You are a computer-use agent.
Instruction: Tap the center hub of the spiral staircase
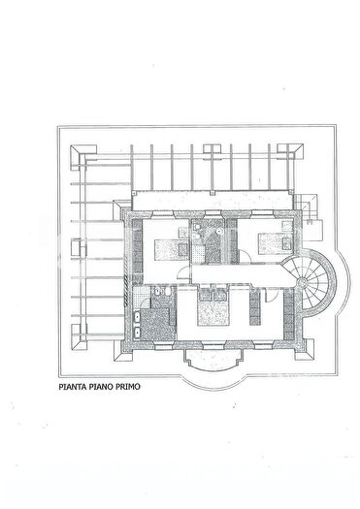coord(302,282)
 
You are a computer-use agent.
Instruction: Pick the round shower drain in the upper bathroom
coord(219,231)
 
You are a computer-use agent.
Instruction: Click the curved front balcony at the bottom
coord(213,361)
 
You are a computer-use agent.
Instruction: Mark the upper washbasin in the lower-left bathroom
coord(137,317)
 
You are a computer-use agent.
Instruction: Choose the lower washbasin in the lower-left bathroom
coord(137,333)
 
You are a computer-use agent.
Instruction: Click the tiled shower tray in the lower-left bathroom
coord(142,297)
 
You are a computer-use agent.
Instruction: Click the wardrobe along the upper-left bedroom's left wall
coord(138,251)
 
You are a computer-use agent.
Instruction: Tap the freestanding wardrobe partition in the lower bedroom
coord(255,306)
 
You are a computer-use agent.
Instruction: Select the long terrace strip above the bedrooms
coord(213,201)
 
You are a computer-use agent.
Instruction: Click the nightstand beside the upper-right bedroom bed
coord(286,243)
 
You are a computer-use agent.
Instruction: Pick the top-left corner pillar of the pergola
coord(83,152)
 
